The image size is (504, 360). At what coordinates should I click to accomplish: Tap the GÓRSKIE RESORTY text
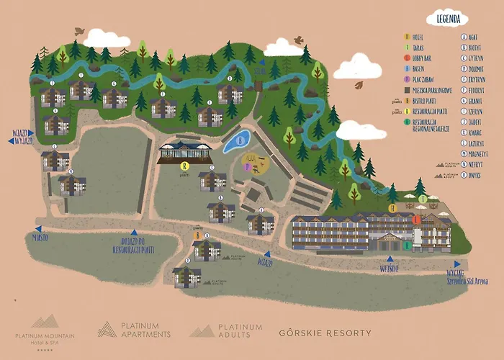click(325, 333)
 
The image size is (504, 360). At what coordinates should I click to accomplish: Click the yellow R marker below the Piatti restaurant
click(184, 166)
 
